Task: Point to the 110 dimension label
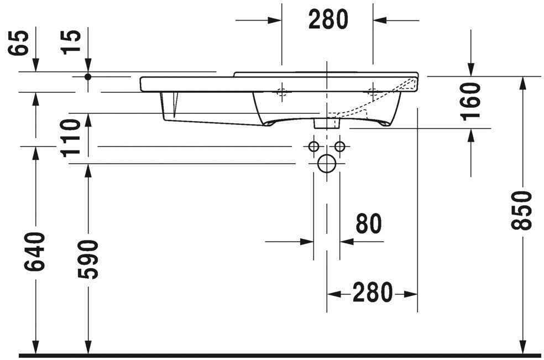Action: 72,138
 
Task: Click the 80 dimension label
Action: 368,224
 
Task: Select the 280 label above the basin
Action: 328,20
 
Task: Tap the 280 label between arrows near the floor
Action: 372,293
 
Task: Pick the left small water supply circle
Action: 313,147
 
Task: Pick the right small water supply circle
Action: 339,147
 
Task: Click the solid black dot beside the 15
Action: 87,76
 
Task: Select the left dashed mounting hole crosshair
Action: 282,92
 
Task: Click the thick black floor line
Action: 276,354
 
